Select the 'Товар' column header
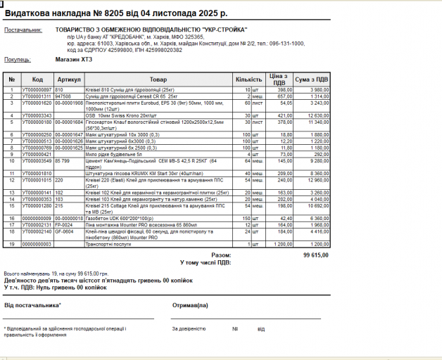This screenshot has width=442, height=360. pyautogui.click(x=158, y=79)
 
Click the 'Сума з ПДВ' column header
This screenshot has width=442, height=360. pyautogui.click(x=311, y=79)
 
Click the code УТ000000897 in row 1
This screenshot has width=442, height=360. pyautogui.click(x=37, y=90)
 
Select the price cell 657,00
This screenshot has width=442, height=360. pyautogui.click(x=284, y=96)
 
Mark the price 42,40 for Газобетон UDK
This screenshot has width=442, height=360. pyautogui.click(x=285, y=218)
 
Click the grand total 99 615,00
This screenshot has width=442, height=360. pyautogui.click(x=316, y=255)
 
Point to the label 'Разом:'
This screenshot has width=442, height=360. pyautogui.click(x=220, y=255)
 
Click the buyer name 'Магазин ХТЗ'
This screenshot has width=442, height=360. pyautogui.click(x=73, y=59)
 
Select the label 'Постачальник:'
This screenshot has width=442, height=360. pyautogui.click(x=23, y=30)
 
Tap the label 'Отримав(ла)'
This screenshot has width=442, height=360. pyautogui.click(x=190, y=304)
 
